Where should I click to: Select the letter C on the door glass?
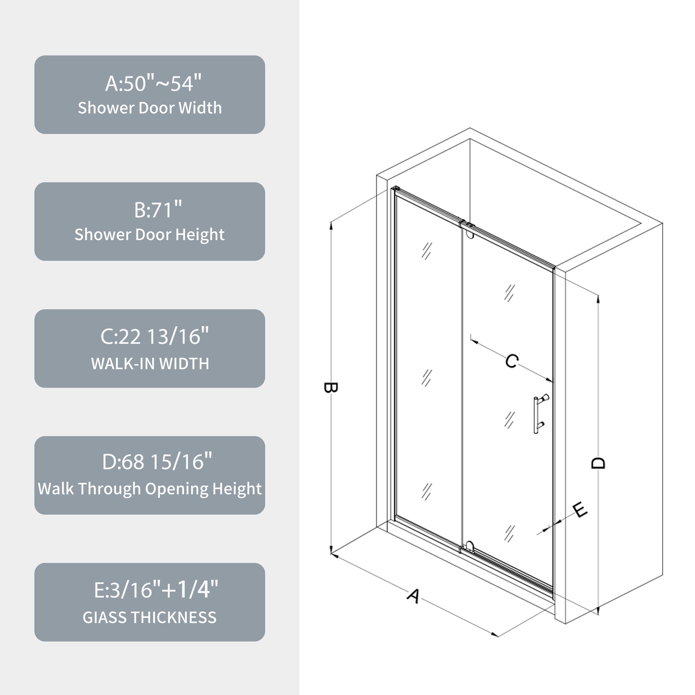tap(511, 361)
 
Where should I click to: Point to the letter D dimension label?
tap(598, 463)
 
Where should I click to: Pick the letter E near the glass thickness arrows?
tap(580, 510)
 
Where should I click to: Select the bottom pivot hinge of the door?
tap(469, 547)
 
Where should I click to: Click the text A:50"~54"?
tap(153, 83)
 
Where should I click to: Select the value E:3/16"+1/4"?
tap(156, 589)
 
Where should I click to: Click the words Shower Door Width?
tap(150, 108)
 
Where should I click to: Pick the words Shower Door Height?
tap(150, 235)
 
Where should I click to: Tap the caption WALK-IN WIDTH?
tap(150, 364)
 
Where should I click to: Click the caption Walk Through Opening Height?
tap(150, 489)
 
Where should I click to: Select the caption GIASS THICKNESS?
tap(150, 617)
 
